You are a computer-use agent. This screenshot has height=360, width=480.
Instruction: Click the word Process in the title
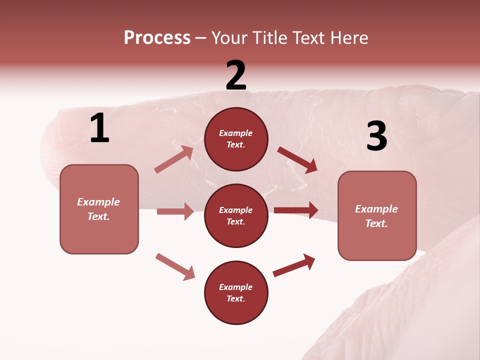(x=157, y=38)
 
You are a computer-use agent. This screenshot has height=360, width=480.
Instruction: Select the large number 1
(x=99, y=128)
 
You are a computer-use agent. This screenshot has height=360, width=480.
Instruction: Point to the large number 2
(x=236, y=75)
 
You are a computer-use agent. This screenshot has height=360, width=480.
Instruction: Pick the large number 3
(x=376, y=136)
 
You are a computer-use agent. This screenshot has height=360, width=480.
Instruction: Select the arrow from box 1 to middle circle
(x=175, y=211)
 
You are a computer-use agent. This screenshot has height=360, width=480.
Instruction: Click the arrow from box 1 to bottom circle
(x=175, y=266)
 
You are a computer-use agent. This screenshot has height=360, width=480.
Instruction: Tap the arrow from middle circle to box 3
(x=296, y=210)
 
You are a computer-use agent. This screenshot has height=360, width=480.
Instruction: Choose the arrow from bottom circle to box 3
(x=294, y=265)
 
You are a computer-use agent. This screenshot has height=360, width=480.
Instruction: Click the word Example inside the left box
(x=98, y=202)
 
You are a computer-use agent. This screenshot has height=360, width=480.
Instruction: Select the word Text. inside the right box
(x=376, y=223)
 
